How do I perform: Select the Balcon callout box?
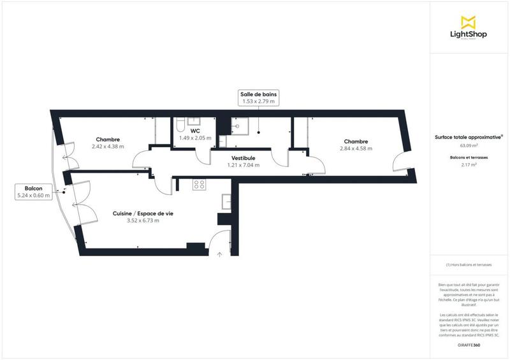point(34,192)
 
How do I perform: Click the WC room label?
point(195,130)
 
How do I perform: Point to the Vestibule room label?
point(242,157)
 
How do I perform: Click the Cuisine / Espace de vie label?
point(143,213)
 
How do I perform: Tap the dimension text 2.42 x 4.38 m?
point(107,147)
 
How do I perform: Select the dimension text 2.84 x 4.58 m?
point(355,148)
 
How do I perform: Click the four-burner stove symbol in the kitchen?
point(199,185)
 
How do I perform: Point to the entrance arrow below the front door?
point(219,254)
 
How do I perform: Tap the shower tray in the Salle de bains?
point(240,124)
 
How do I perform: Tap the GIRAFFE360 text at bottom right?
point(469,344)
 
